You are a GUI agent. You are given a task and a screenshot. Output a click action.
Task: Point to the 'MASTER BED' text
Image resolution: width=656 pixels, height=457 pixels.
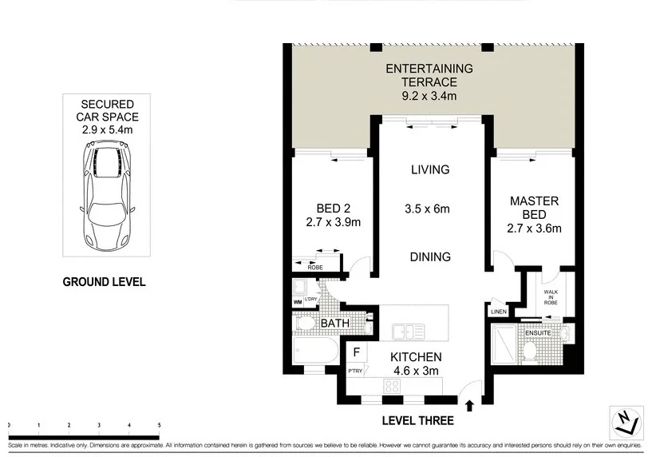[x=535, y=215]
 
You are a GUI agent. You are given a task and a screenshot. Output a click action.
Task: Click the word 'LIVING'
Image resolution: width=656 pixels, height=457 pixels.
[x=430, y=169]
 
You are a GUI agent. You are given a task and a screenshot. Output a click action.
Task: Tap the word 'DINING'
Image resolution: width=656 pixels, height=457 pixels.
[x=430, y=257]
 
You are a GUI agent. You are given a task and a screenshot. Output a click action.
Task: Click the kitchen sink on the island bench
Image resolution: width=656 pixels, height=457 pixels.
[x=409, y=331]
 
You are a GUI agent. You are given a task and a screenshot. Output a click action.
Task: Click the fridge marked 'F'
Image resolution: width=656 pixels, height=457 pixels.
[x=356, y=351]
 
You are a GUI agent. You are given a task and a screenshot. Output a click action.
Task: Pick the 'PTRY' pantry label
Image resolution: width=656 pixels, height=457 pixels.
[x=355, y=370]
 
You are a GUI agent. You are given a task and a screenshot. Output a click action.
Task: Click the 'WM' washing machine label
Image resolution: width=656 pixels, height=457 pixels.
[x=298, y=302]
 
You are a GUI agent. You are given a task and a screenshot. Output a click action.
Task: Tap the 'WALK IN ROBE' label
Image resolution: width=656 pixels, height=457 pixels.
[x=551, y=297]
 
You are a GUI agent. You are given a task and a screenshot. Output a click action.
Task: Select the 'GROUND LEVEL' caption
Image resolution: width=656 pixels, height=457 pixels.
[x=104, y=282]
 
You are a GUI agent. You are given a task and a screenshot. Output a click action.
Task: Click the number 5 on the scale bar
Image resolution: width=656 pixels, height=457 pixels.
[x=159, y=425]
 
